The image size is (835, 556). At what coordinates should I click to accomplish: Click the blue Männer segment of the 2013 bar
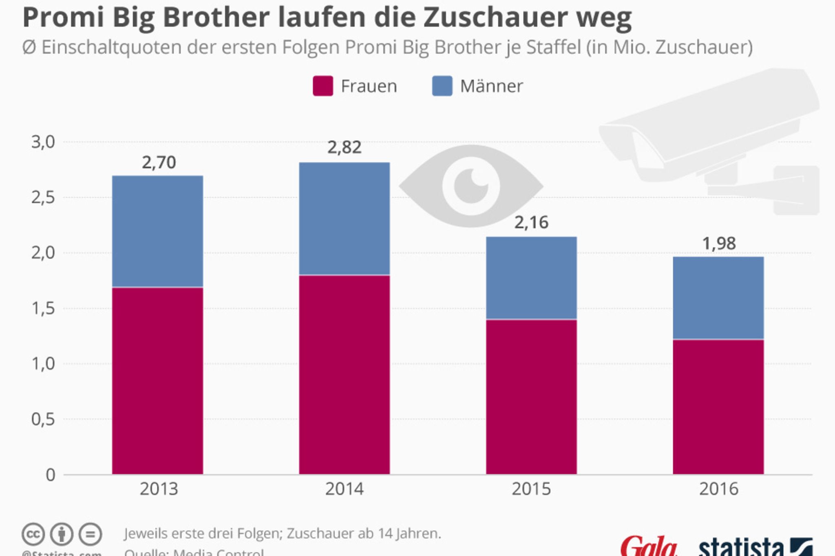point(157,231)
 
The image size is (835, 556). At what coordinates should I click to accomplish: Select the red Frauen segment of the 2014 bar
point(344,375)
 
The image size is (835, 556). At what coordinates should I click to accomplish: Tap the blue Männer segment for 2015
point(531,278)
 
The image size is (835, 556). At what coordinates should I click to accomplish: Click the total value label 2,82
point(344,147)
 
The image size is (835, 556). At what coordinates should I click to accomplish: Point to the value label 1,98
point(719,244)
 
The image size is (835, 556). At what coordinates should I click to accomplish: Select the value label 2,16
point(531,223)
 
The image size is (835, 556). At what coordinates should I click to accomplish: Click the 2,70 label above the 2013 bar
point(159,163)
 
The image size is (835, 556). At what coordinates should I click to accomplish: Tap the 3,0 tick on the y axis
point(43,142)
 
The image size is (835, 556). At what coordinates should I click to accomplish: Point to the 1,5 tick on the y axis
point(43,308)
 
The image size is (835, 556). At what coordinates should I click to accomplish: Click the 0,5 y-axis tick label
point(43,419)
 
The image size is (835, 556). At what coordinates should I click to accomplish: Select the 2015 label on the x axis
point(531,489)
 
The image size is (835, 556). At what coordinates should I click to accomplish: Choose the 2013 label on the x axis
point(159,489)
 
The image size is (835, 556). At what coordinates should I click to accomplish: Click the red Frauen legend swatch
point(323,86)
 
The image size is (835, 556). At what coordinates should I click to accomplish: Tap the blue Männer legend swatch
point(442,86)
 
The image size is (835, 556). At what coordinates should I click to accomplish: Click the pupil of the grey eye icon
point(471,186)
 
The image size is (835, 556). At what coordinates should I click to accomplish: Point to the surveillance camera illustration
point(709,138)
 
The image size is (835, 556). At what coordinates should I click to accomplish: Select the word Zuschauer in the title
point(495,18)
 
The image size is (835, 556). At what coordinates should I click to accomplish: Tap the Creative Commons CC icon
point(33,534)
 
